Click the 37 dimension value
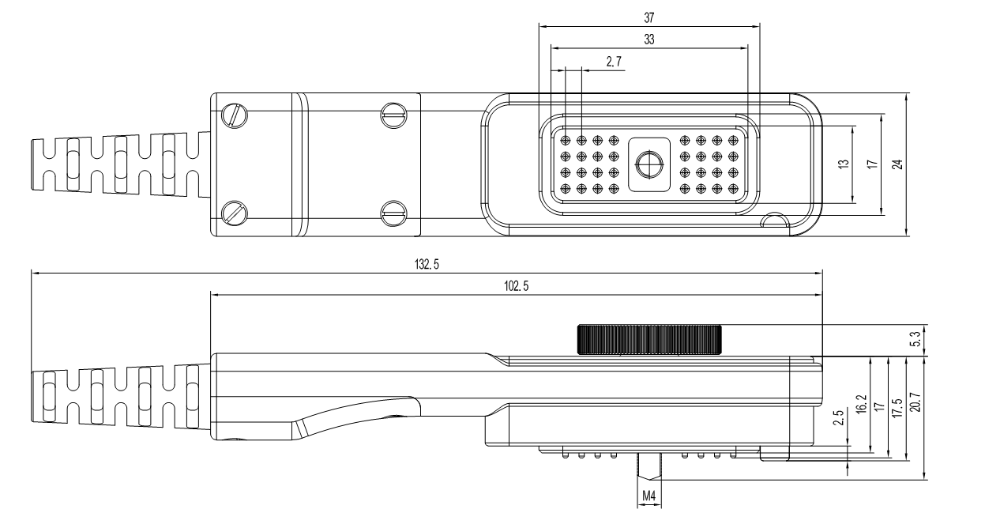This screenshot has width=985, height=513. click(649, 16)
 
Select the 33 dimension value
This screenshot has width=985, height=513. click(649, 38)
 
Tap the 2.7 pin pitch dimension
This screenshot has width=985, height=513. click(614, 61)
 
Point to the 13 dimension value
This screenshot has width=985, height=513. click(844, 164)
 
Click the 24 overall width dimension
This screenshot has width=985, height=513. click(897, 164)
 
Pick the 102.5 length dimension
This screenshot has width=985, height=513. click(517, 285)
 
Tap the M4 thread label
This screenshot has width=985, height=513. click(649, 496)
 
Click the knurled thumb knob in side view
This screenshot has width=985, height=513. click(649, 339)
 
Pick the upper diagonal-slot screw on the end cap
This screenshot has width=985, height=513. click(235, 115)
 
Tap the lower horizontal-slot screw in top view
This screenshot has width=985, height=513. click(393, 212)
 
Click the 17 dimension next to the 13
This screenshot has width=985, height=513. click(871, 164)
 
